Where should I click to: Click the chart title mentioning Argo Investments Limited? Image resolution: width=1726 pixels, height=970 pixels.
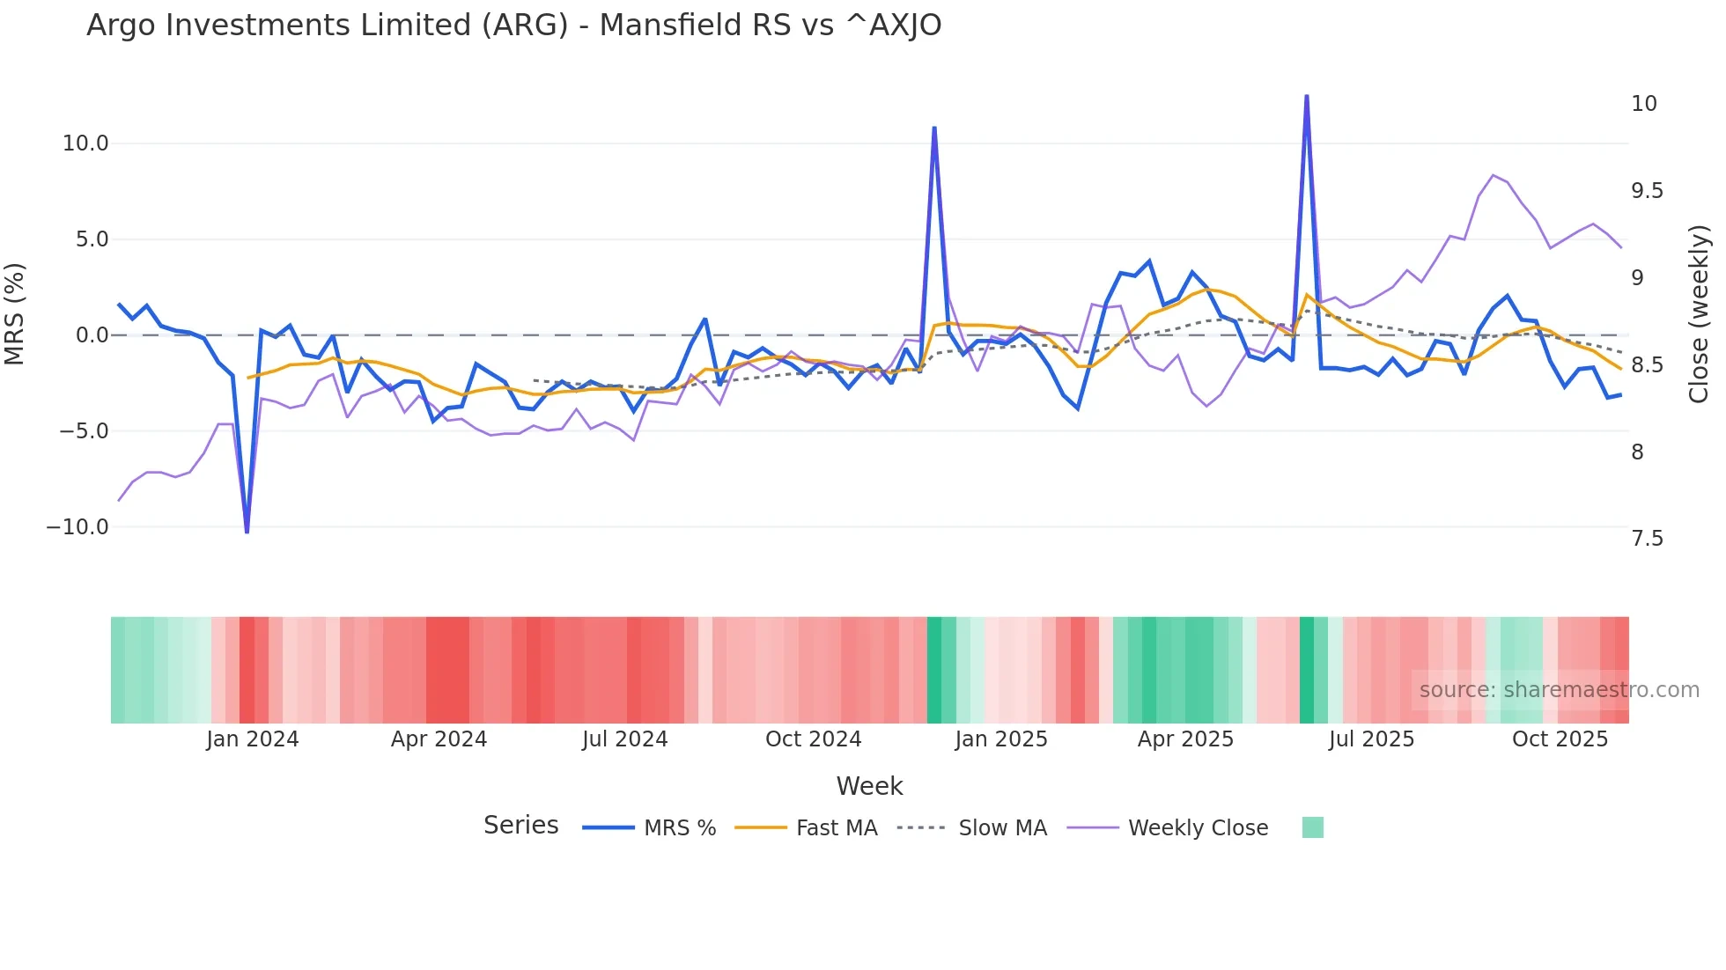(x=513, y=26)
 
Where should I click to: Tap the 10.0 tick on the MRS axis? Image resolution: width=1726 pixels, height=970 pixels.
(x=85, y=143)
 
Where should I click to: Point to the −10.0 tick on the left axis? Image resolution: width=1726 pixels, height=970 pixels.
(x=77, y=527)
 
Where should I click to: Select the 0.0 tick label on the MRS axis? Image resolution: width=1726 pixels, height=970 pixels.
(x=92, y=335)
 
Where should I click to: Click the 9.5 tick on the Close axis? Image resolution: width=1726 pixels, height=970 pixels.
(x=1647, y=191)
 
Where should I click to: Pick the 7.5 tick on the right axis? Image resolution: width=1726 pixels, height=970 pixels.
(x=1647, y=539)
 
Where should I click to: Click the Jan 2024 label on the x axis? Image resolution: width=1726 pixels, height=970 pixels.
(x=253, y=739)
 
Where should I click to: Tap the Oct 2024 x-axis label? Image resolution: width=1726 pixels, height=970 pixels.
(x=813, y=739)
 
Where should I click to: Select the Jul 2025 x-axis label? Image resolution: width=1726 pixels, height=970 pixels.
(x=1371, y=739)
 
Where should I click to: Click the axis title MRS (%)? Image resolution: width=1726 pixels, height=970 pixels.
(x=15, y=314)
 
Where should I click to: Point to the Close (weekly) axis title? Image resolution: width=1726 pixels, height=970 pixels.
(x=1699, y=314)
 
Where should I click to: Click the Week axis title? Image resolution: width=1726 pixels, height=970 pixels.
(x=869, y=786)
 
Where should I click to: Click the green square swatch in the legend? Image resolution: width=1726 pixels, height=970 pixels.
(x=1312, y=827)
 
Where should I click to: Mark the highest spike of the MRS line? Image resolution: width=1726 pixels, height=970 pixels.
(x=1307, y=96)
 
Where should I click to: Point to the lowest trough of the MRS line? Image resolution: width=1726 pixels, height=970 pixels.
(x=247, y=532)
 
